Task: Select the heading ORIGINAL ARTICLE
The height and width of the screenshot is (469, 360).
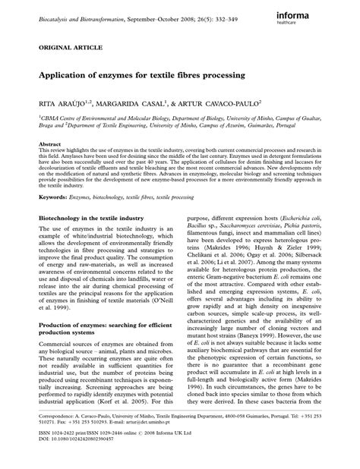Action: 56,47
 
